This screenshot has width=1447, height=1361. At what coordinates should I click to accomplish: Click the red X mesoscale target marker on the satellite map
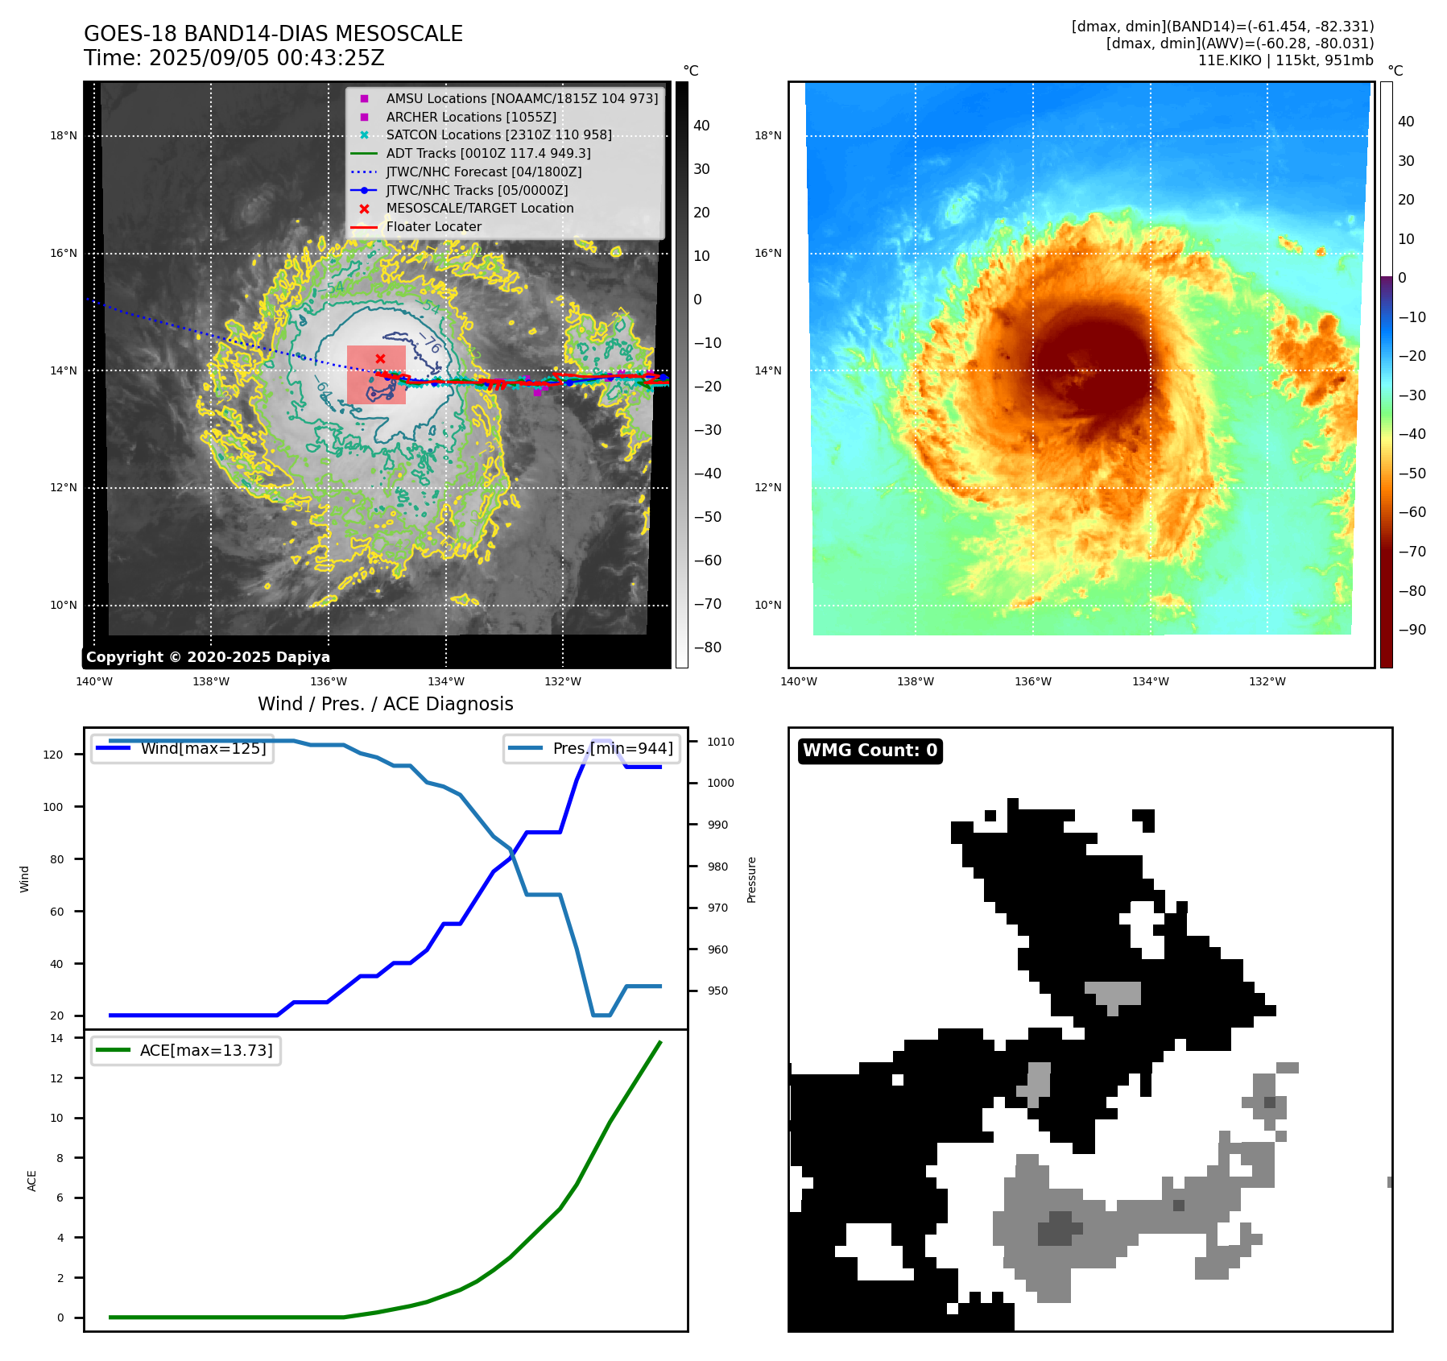click(380, 358)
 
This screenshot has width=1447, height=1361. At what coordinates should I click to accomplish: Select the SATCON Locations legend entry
click(498, 135)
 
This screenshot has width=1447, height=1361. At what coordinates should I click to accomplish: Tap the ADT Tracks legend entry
click(488, 153)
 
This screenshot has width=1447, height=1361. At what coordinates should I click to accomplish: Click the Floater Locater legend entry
click(433, 227)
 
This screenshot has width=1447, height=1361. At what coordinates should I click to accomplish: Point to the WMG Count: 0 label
click(870, 751)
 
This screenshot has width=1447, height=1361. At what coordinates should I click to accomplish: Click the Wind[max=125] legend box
click(183, 748)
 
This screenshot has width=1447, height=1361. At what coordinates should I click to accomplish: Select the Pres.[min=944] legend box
click(593, 748)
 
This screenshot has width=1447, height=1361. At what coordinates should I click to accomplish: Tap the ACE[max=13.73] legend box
click(186, 1050)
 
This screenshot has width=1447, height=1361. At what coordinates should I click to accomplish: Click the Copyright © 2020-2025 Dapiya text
click(208, 657)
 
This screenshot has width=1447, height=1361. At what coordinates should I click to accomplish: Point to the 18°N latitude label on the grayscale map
click(64, 135)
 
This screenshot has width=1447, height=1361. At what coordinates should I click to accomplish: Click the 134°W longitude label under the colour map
click(1150, 682)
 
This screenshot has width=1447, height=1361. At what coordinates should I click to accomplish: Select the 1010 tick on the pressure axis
click(721, 742)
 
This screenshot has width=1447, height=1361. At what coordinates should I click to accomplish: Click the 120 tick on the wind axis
click(53, 755)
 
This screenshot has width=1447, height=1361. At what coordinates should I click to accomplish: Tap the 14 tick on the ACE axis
click(56, 1038)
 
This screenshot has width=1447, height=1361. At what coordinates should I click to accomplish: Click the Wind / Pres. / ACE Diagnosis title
click(385, 704)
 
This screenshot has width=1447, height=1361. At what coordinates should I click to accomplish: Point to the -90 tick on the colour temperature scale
click(1412, 630)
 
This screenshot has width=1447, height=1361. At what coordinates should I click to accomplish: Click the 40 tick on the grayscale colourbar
click(701, 126)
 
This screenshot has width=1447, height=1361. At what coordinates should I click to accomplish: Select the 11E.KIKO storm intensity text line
click(1285, 60)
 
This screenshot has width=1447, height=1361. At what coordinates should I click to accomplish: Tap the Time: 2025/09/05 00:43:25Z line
click(234, 59)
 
